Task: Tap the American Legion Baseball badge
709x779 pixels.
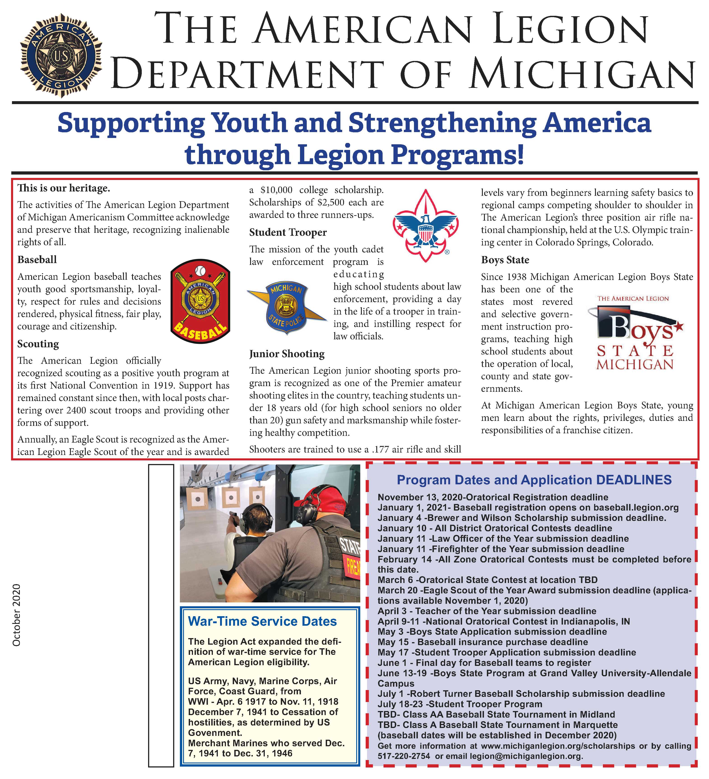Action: click(200, 301)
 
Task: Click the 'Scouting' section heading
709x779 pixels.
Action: click(38, 344)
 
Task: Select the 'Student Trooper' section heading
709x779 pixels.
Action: click(288, 232)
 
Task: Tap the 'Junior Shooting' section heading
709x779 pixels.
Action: click(287, 354)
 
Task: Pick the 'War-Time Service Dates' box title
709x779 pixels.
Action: click(262, 621)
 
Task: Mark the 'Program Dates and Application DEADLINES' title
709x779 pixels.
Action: click(534, 480)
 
